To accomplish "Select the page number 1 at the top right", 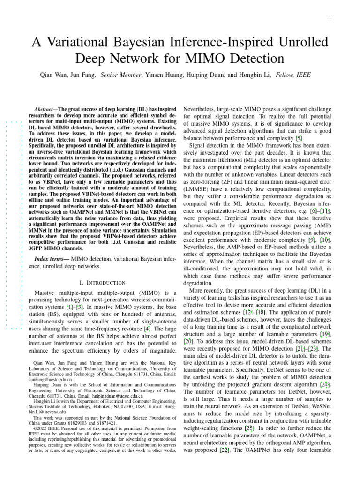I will pos(330,18).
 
